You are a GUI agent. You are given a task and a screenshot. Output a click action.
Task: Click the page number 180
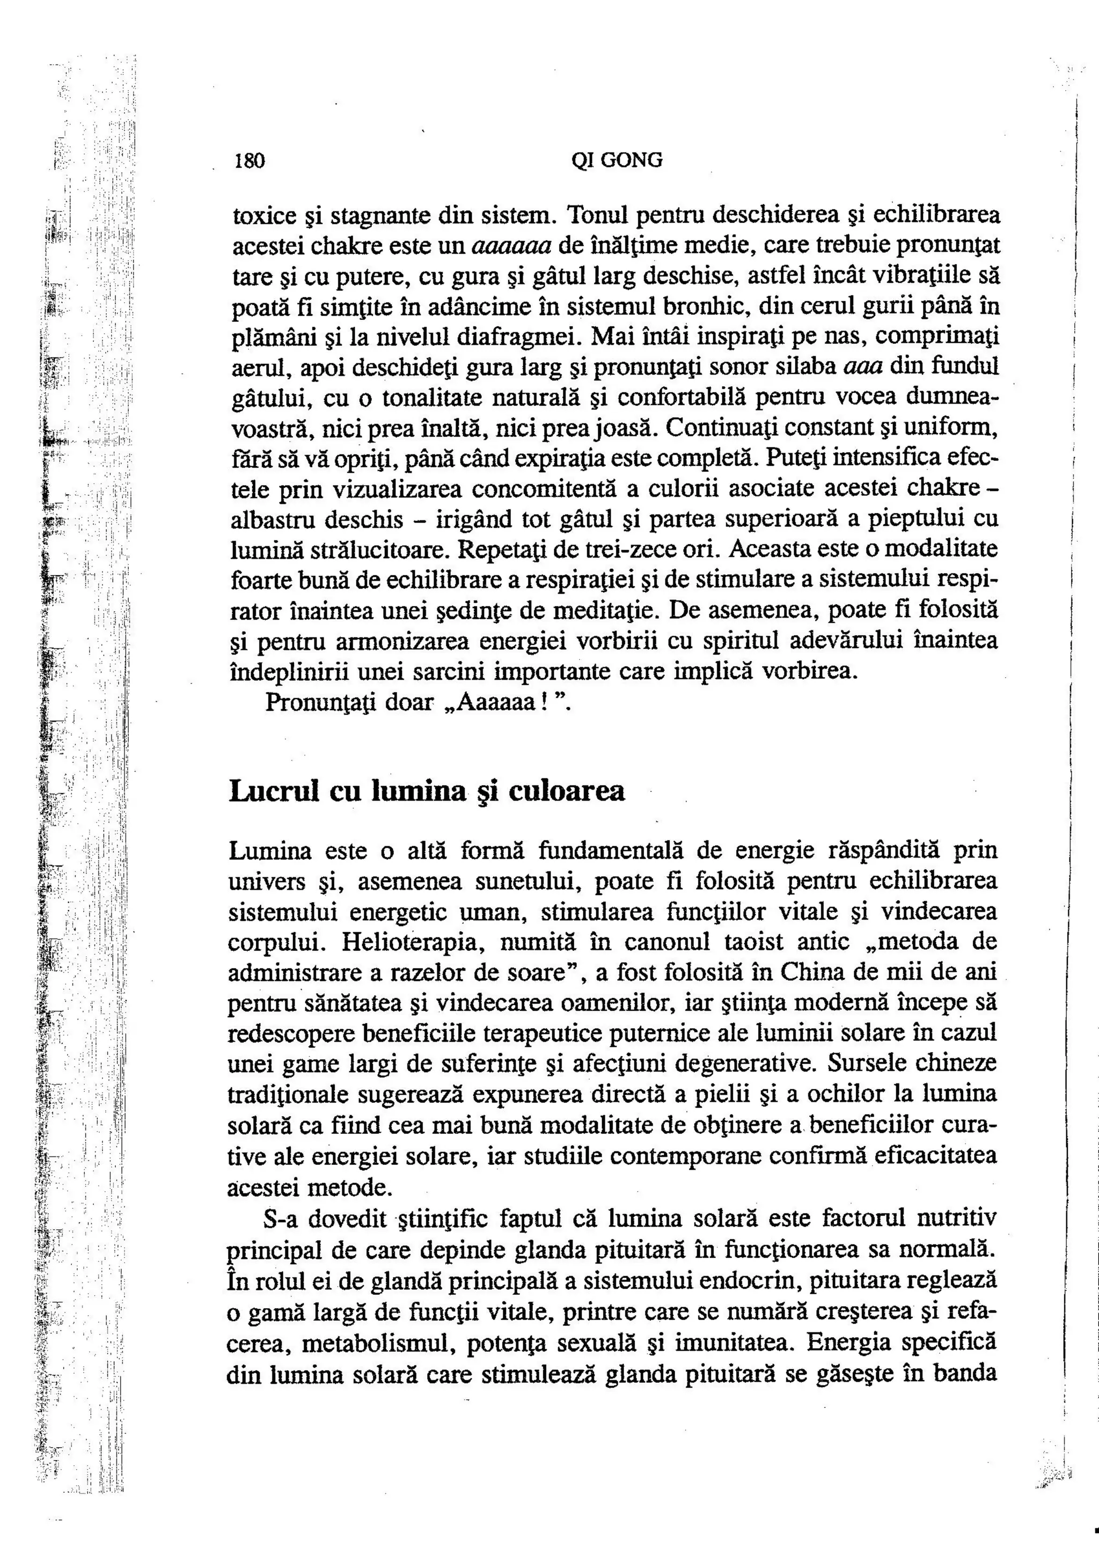pos(248,161)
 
